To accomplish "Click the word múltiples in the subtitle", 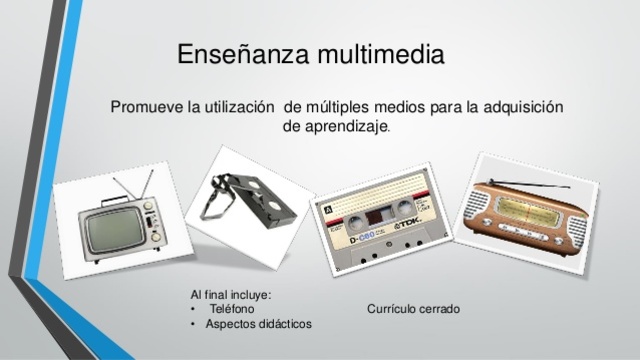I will (x=346, y=107).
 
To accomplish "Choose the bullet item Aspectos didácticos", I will (x=258, y=325).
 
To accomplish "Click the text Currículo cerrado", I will (x=414, y=310).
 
